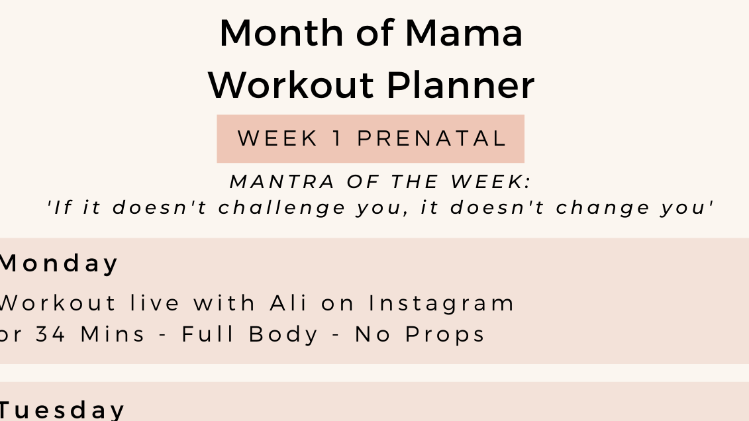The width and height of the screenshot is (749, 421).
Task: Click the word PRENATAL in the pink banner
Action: (432, 138)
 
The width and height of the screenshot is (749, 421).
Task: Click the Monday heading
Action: (58, 263)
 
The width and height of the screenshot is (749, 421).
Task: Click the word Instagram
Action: (442, 303)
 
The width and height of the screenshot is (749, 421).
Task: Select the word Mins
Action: (113, 334)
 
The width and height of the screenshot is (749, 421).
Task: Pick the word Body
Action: (285, 334)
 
